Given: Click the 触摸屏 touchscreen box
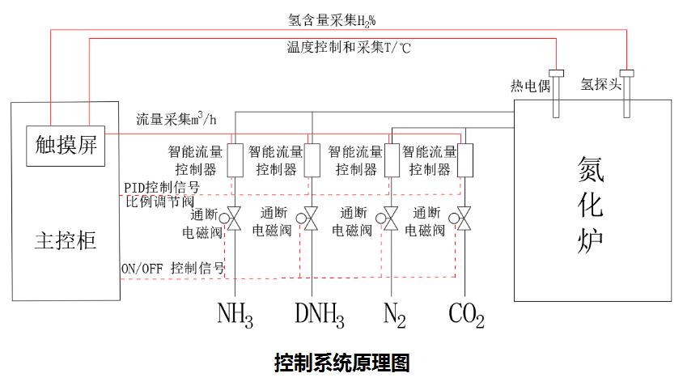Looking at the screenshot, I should [x=67, y=146].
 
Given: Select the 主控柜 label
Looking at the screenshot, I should [x=67, y=240].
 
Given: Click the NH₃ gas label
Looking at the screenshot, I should [x=235, y=315].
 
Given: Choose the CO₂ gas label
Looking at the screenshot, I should [x=466, y=315].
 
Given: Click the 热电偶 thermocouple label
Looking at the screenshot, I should [x=528, y=86].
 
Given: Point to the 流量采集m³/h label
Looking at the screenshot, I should [x=177, y=119].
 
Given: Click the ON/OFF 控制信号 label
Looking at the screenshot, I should [x=172, y=267].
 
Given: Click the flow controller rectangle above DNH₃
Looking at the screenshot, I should [x=312, y=159].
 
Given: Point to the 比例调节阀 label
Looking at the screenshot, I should [x=160, y=201].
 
